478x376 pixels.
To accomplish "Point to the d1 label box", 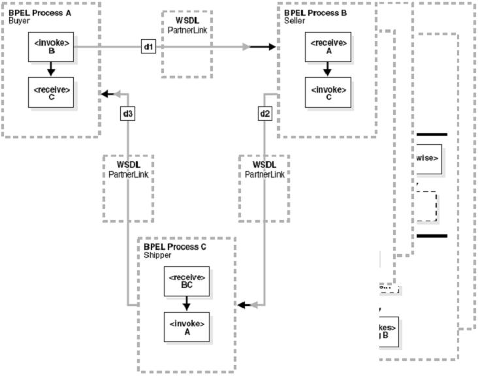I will pos(149,47).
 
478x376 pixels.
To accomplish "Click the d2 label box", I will pos(264,114).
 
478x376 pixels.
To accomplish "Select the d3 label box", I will pos(128,114).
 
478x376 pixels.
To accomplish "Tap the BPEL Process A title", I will pos(36,13).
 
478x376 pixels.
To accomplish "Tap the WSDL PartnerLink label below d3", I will pos(128,170).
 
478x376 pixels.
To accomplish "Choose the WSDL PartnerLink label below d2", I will pos(264,170).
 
